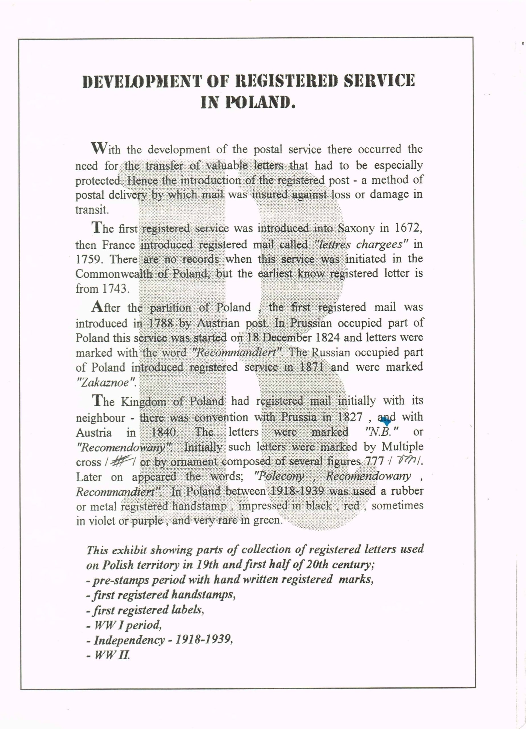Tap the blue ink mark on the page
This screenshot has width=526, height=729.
387,420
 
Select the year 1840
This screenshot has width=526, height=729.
164,432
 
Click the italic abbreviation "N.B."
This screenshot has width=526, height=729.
381,431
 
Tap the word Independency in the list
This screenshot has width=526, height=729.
129,640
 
